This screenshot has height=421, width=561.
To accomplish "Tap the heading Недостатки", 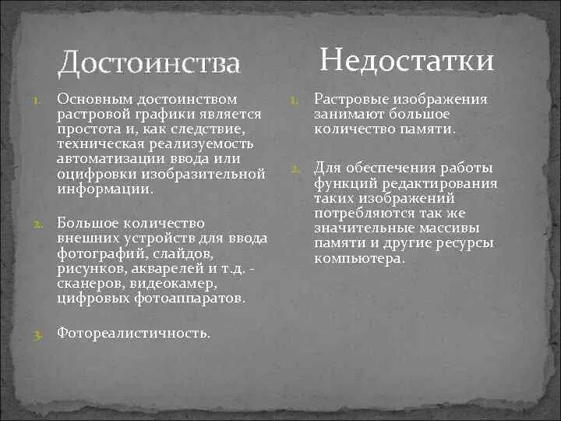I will click(407, 60).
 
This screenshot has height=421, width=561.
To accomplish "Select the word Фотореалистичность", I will click(133, 333).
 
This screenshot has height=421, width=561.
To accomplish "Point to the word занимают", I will click(348, 115).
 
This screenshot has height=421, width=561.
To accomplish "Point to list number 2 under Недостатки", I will click(295, 169).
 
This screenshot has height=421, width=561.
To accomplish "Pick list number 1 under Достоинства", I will click(37, 101).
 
